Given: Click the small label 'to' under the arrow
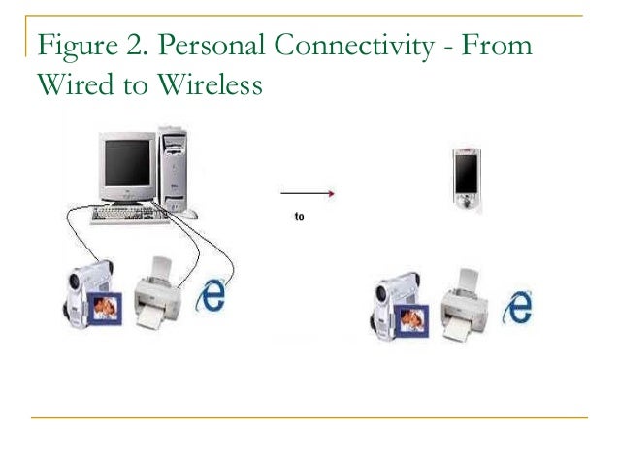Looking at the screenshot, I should tap(299, 217).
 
